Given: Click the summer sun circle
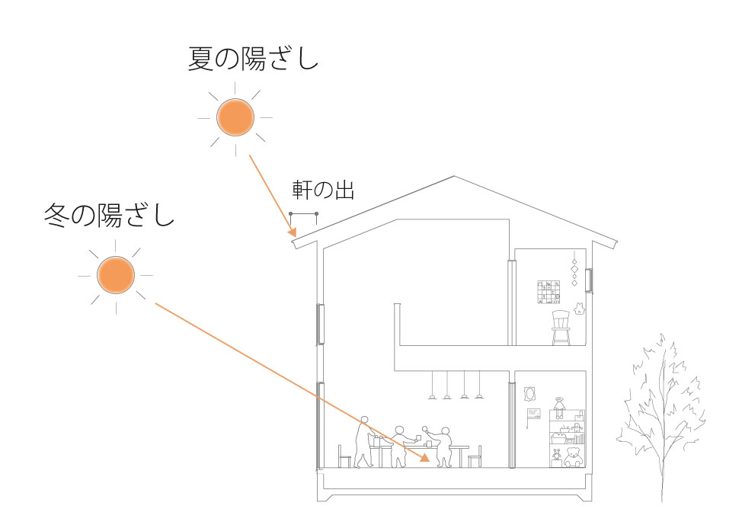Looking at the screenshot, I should [x=233, y=117].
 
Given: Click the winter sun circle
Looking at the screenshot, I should [x=115, y=275].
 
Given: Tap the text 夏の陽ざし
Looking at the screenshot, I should [x=252, y=59].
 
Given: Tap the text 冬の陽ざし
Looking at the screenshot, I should [x=109, y=216].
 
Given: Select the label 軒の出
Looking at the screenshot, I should [x=323, y=190].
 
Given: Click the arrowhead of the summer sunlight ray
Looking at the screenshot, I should [x=291, y=231].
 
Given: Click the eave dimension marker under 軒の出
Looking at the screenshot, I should [x=302, y=213].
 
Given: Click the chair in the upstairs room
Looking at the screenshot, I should [x=561, y=328].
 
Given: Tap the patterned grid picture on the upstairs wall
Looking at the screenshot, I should [x=548, y=293].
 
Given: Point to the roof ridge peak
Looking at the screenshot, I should [x=455, y=177].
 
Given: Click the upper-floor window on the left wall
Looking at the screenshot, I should [x=321, y=323].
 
